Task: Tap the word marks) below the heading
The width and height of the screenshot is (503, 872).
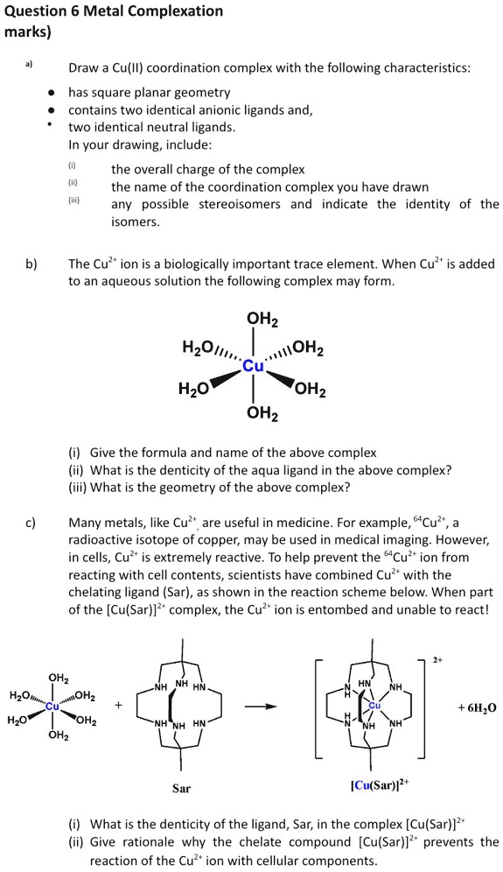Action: click(x=28, y=32)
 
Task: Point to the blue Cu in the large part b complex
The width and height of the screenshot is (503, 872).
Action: click(x=253, y=366)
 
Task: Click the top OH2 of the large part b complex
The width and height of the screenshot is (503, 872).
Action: click(x=254, y=320)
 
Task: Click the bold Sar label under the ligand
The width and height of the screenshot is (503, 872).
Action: click(x=181, y=789)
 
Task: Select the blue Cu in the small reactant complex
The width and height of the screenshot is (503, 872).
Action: click(x=54, y=706)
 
